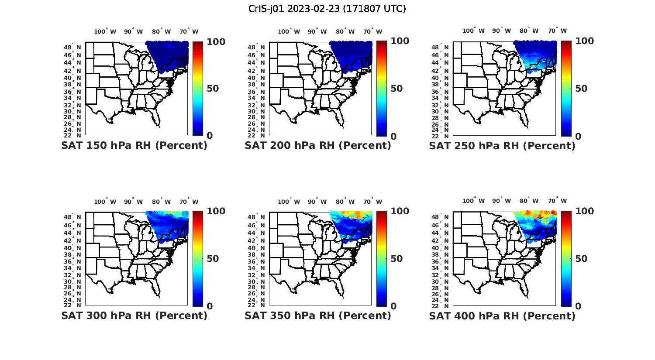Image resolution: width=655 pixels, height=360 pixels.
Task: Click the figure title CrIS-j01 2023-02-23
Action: (x=327, y=9)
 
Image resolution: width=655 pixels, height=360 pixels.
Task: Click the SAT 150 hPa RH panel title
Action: (x=134, y=145)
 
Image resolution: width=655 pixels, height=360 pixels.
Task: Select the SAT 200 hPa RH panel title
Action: (x=318, y=145)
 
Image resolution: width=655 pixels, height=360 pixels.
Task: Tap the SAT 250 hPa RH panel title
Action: (x=502, y=145)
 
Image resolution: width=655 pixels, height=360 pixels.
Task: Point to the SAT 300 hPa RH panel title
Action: (x=134, y=315)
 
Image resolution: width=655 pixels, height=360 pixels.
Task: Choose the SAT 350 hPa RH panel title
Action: (x=318, y=315)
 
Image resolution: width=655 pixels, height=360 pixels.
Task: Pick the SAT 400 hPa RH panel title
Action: (x=502, y=315)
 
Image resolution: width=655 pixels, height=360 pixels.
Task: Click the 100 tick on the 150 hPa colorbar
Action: (x=216, y=41)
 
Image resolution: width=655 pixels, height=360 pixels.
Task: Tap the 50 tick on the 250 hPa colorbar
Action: (x=580, y=89)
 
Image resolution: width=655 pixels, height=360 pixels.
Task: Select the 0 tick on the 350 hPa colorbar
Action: (x=393, y=306)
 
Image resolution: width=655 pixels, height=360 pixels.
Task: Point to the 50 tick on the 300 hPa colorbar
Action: (x=212, y=259)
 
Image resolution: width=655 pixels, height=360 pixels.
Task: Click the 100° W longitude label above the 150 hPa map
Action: (x=105, y=31)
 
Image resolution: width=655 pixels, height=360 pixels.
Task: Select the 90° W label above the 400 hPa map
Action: (x=501, y=201)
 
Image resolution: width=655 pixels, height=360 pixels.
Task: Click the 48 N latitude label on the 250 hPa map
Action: (x=441, y=47)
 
